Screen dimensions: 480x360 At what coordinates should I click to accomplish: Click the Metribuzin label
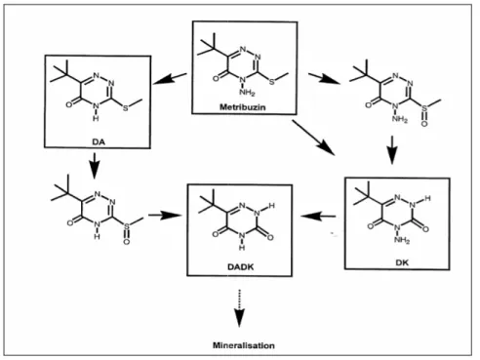click(x=243, y=107)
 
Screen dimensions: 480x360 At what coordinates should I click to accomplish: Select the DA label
click(x=99, y=141)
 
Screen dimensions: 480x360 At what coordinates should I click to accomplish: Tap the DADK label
click(x=241, y=267)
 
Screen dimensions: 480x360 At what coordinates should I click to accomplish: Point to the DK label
click(x=402, y=262)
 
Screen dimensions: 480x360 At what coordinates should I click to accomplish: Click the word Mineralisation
click(x=244, y=345)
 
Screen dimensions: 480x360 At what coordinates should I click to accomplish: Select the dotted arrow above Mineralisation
click(x=240, y=307)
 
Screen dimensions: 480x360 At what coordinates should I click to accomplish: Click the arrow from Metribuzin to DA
click(x=170, y=79)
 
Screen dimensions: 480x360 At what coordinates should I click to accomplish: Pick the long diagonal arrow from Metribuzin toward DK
click(x=313, y=138)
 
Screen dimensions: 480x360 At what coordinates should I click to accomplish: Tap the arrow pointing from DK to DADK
click(x=318, y=216)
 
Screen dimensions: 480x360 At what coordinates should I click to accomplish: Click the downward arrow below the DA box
click(x=94, y=166)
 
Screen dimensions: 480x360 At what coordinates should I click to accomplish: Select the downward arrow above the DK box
click(x=392, y=150)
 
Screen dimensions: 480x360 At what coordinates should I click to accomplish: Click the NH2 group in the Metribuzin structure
click(x=247, y=93)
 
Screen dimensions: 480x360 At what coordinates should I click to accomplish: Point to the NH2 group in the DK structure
click(x=402, y=240)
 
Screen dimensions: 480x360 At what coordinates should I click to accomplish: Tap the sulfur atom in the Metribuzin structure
click(x=272, y=82)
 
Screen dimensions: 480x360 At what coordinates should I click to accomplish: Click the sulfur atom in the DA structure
click(x=126, y=108)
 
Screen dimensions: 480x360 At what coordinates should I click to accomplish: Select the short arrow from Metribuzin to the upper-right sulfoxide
click(x=325, y=79)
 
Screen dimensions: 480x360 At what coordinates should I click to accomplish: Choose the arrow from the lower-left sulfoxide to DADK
click(x=165, y=216)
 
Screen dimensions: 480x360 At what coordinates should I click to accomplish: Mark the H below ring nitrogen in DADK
click(x=242, y=248)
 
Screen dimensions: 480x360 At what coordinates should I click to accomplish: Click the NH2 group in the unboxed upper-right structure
click(x=400, y=119)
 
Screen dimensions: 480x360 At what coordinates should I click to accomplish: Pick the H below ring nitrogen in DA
click(x=96, y=118)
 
